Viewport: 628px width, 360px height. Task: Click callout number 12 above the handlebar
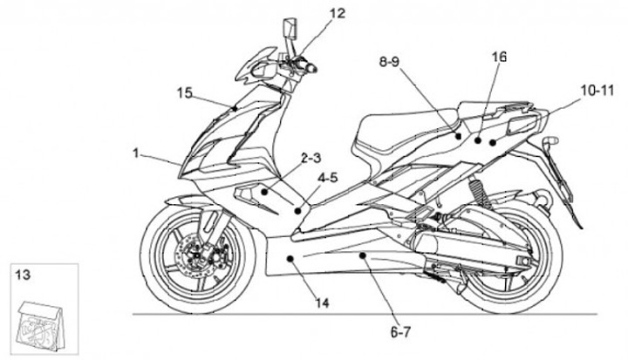(313, 13)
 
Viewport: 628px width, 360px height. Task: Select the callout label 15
(184, 92)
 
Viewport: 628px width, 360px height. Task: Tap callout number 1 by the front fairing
(136, 153)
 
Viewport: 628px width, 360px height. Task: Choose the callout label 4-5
(330, 178)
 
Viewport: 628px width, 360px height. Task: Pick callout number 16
(498, 58)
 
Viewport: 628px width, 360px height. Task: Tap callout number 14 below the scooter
(323, 303)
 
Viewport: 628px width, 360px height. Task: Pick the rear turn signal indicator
(549, 140)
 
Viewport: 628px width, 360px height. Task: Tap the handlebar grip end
(312, 68)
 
